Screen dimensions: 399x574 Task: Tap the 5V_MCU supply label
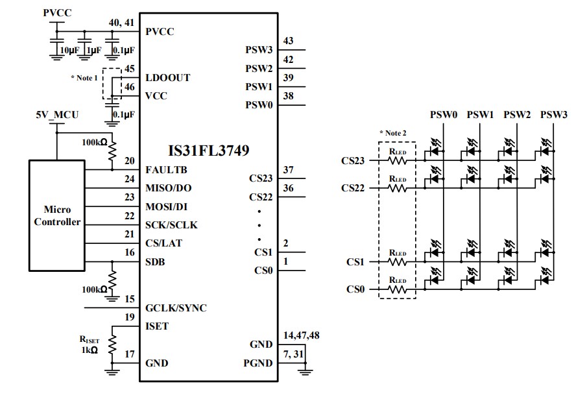[x=57, y=115]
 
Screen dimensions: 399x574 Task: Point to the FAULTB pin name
[x=167, y=170]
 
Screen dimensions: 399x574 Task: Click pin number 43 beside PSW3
[x=289, y=41]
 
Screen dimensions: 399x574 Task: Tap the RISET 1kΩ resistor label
[x=89, y=344]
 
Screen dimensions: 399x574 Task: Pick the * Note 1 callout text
[x=84, y=78]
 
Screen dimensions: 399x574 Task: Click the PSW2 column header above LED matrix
[x=517, y=115]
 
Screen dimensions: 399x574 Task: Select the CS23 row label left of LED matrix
[x=354, y=160]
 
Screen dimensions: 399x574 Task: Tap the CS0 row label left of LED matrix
[x=356, y=289]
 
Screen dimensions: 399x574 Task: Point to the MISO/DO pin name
[x=169, y=188]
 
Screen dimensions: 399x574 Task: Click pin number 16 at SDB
[x=130, y=252]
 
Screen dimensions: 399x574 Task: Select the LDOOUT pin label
[x=169, y=77]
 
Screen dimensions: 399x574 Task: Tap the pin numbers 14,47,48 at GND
[x=302, y=335]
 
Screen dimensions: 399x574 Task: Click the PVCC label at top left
[x=58, y=12]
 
